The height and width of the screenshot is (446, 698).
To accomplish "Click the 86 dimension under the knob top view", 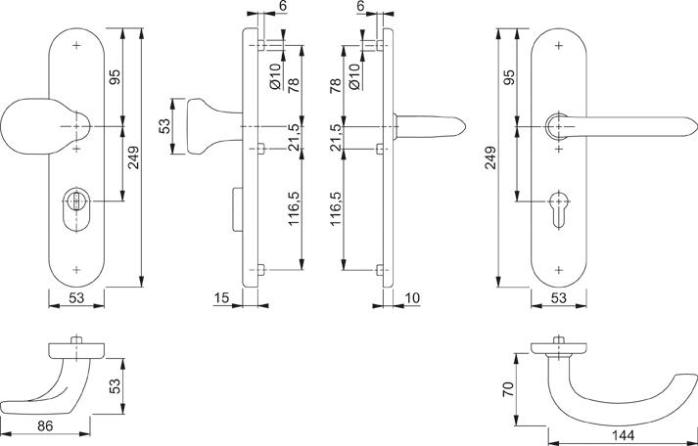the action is coord(45,426).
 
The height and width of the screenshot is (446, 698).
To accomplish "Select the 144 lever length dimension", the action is coord(624,435).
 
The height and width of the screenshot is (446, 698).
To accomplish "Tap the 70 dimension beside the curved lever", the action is coord(508,389).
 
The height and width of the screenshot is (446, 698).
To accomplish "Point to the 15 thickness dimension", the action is coord(221,297).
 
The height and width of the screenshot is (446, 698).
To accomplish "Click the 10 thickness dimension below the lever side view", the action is coord(413,297).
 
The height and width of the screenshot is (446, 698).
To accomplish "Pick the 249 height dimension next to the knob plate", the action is coord(133,157).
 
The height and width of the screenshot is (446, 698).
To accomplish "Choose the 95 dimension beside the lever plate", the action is coord(509,77).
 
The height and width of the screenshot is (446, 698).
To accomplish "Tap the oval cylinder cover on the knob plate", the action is coord(76,209).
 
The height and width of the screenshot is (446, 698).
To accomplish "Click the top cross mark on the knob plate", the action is coord(76,45).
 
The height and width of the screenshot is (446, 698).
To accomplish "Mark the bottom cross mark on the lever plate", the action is coord(559,270).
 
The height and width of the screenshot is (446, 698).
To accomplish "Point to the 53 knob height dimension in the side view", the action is coord(164,126).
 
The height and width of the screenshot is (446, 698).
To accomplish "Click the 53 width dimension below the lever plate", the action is coord(559,297).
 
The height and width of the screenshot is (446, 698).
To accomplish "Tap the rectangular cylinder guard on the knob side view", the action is coord(237,209).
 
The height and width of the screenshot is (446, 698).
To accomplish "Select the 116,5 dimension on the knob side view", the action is coord(294,208).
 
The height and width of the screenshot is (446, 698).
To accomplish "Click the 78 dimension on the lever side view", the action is coord(336,84).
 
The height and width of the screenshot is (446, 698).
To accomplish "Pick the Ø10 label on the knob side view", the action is coord(275,76).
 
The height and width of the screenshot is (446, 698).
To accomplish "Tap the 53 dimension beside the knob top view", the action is coord(115,386).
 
